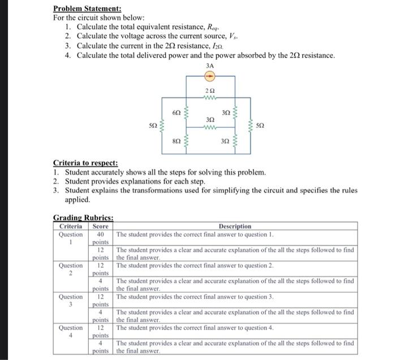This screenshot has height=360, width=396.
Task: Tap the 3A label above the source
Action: [x=209, y=66]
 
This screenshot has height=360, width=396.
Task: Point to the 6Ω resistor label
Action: [x=176, y=113]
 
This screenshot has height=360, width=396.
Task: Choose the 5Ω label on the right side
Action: [x=260, y=125]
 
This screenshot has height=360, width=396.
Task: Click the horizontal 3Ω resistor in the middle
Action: [x=209, y=127]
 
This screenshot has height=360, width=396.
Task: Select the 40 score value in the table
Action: [x=100, y=234]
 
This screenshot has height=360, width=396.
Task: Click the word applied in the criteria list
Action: [x=78, y=199]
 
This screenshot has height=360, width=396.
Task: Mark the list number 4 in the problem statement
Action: [x=67, y=55]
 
